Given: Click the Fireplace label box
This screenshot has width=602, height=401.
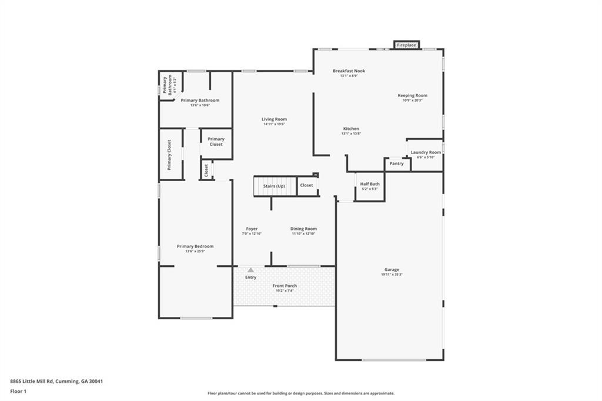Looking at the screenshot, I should coord(406,45).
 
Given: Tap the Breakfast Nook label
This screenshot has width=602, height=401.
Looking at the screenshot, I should coord(349,71).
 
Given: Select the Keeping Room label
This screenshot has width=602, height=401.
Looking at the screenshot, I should coord(412,95).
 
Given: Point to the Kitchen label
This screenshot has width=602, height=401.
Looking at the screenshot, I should coord(351,129).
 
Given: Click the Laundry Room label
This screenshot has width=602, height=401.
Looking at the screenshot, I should coord(426,152).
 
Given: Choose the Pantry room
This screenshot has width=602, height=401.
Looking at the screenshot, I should coord(397,163).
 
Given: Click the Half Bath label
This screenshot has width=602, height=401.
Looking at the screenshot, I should coord(370,184).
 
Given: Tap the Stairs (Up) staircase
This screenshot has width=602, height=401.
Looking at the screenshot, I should coord(274,186).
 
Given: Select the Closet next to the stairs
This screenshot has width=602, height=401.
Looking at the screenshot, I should coord(306,185).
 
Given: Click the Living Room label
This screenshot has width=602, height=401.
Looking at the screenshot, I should coord(274,119).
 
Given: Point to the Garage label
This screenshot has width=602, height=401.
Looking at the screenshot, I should coord(392,270).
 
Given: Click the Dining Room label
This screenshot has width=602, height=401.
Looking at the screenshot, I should coord(303,229).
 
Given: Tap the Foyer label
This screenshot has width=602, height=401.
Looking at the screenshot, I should coord(252,229).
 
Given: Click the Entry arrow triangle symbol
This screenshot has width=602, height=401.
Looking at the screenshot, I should coord(250,270).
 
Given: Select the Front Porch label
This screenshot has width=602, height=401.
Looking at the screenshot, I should coord(285,286).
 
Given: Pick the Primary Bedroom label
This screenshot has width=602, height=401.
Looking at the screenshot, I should coord(195,246).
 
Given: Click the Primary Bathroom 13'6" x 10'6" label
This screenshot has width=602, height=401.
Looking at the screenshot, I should coord(200,101).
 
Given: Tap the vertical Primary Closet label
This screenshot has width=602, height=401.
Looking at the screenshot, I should coord(169,155).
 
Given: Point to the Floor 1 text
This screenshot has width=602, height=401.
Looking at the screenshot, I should coord(19,391).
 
